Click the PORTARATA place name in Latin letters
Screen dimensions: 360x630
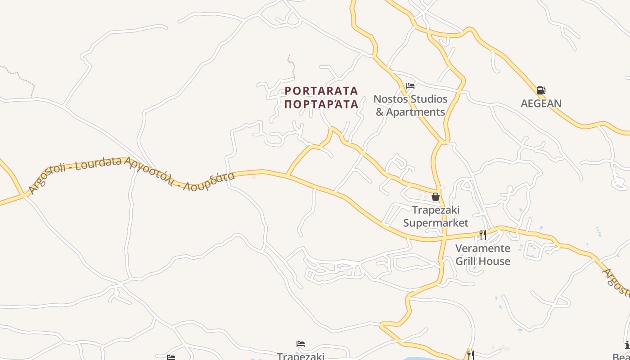321,91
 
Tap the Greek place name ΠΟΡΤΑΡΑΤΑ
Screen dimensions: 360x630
321,104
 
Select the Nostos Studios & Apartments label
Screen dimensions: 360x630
410,105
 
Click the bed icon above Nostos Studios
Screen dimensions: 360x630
410,85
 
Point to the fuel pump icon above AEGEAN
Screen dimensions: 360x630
541,90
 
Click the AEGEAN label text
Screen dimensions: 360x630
541,103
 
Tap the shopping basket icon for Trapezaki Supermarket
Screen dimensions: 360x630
435,197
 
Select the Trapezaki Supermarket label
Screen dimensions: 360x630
436,216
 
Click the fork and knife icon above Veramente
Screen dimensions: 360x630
483,234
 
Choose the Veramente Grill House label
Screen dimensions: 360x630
483,255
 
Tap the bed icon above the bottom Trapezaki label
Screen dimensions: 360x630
301,344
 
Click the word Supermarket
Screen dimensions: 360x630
436,223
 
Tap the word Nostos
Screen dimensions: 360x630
390,99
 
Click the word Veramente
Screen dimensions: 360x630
483,248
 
